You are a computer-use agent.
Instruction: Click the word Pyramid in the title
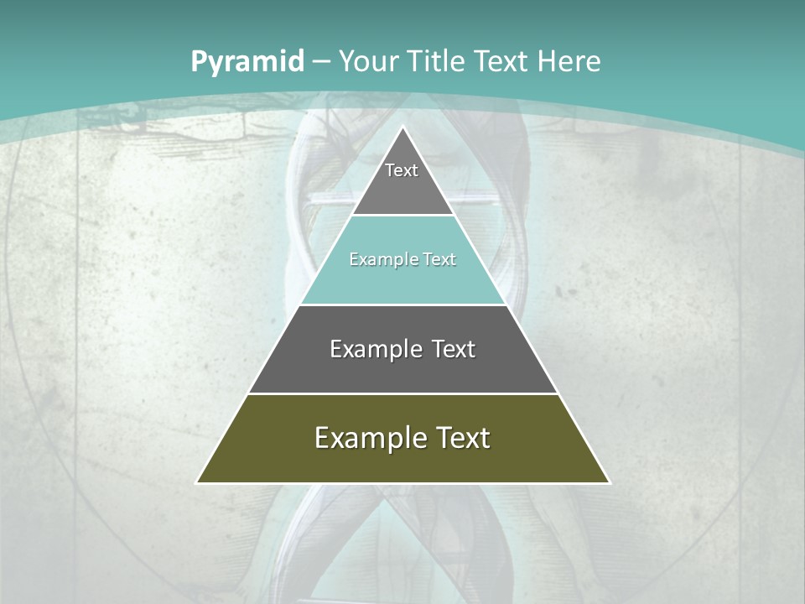tap(247, 62)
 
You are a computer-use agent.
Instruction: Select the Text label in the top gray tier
tap(402, 170)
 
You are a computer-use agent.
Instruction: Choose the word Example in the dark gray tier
tap(372, 349)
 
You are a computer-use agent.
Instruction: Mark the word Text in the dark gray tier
tap(454, 349)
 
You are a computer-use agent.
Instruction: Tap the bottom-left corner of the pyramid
tap(198, 482)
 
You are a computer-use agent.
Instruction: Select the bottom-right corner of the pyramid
tap(609, 482)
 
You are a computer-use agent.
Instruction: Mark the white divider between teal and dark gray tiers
tap(403, 305)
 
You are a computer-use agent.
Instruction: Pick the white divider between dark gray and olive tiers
tap(403, 393)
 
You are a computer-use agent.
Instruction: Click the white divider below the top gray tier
tap(403, 216)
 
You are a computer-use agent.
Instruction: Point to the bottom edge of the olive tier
tap(403, 483)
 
